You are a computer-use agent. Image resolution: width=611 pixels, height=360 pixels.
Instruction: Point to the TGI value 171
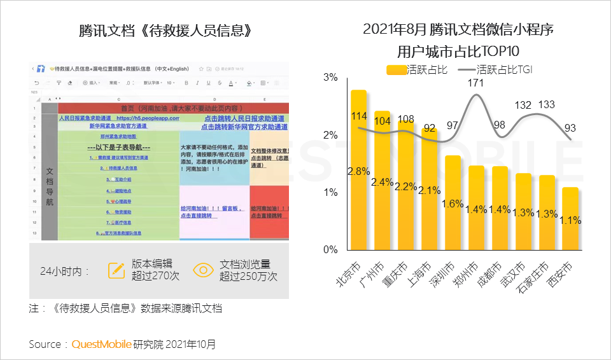point(475,83)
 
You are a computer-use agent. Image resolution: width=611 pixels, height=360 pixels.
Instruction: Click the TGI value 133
point(546,105)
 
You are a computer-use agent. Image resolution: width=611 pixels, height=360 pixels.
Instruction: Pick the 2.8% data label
point(358,171)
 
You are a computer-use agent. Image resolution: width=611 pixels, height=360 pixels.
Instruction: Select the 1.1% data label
point(571,220)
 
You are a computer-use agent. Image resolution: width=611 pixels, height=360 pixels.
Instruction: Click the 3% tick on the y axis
point(330,78)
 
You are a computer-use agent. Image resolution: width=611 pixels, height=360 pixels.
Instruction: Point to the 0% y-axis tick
point(330,249)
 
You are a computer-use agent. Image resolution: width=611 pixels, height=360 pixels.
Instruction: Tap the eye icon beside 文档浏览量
point(203,270)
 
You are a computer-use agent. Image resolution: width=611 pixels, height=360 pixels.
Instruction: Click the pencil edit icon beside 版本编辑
point(116,270)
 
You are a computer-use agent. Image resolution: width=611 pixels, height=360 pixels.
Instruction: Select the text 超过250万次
point(248,277)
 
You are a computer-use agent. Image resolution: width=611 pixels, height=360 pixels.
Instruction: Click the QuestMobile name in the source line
point(101,344)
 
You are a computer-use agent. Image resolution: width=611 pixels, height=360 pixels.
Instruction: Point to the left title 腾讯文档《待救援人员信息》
point(161,31)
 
